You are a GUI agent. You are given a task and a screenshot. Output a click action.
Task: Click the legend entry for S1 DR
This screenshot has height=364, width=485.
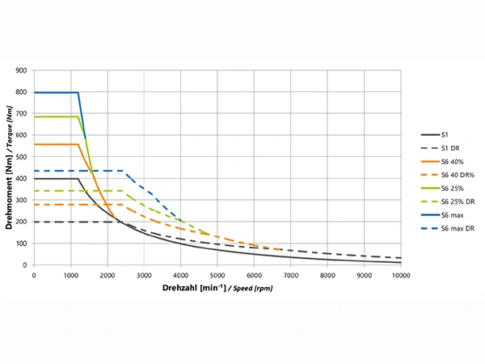coord(450,149)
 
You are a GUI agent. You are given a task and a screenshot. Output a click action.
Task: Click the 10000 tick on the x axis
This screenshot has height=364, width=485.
coord(400,275)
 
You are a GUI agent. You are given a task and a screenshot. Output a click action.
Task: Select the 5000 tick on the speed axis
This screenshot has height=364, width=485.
coord(217,275)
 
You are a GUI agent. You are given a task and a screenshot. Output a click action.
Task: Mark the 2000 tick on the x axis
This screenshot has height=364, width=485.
coord(108,275)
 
